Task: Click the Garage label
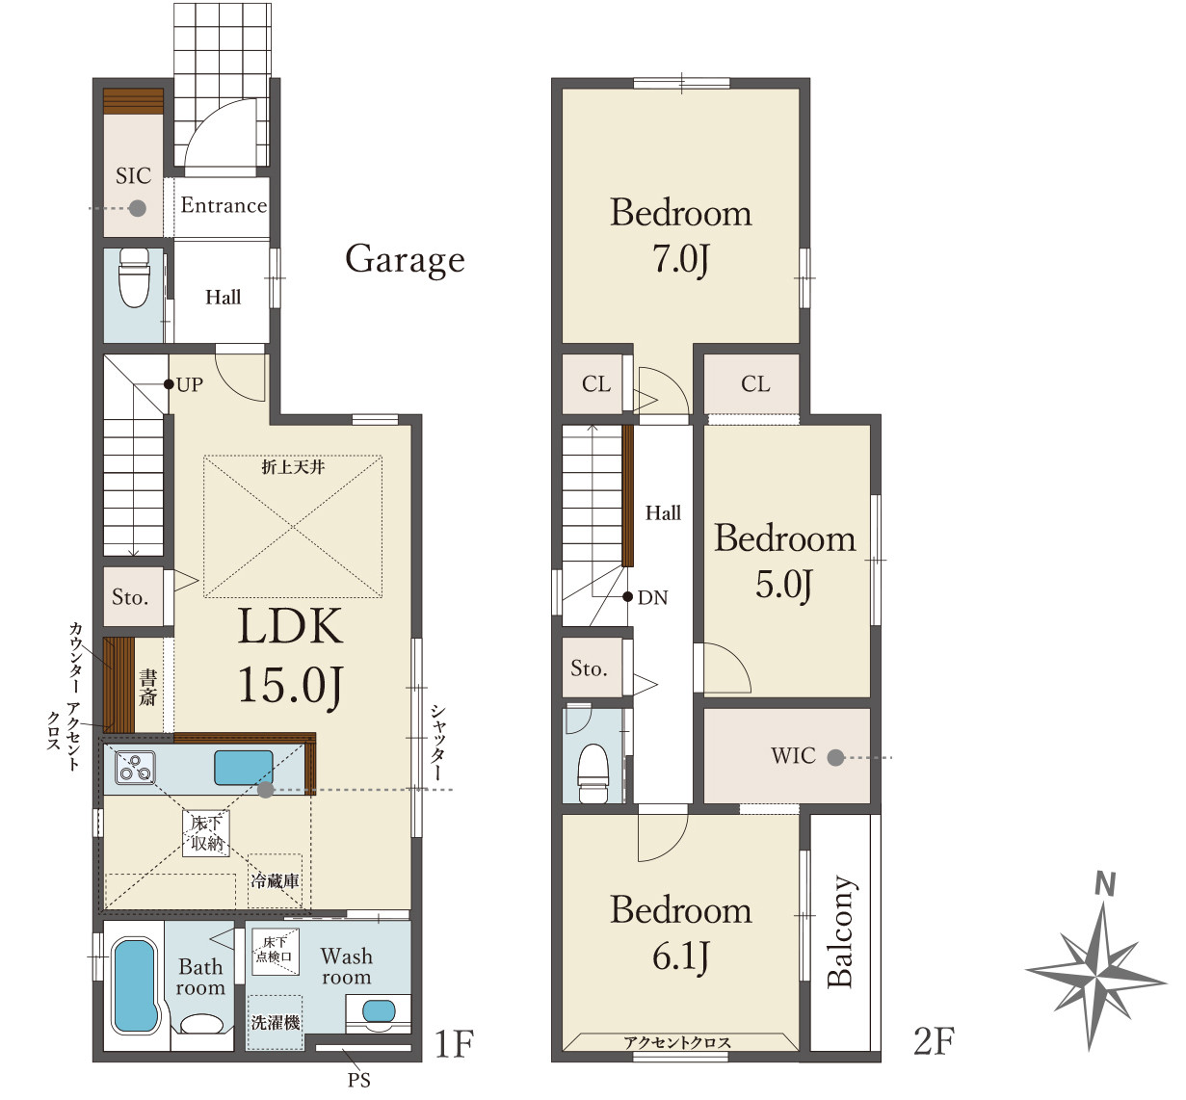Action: [x=405, y=260]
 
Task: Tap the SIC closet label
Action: [x=133, y=176]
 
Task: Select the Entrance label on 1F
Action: [x=224, y=205]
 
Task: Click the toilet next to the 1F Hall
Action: [x=134, y=277]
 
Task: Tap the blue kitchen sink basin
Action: [x=244, y=768]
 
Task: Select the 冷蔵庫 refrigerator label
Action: [x=275, y=880]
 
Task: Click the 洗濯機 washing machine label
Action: [x=276, y=1023]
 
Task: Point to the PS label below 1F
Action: [x=359, y=1081]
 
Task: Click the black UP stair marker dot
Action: [x=169, y=384]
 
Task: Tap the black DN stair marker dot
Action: [x=627, y=596]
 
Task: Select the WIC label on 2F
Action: [x=793, y=756]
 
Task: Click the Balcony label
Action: [x=841, y=931]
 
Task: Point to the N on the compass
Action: [x=1105, y=884]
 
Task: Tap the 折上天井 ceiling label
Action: [x=293, y=466]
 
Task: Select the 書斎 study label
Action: [x=148, y=688]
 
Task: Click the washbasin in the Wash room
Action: [x=379, y=1011]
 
